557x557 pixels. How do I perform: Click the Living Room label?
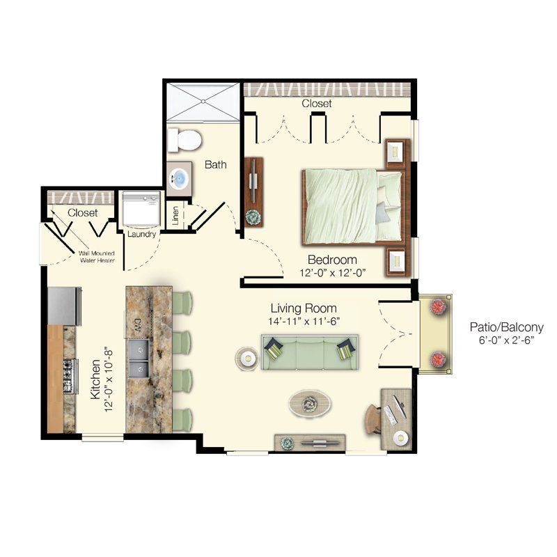point(304,308)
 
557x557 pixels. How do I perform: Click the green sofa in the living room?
point(310,351)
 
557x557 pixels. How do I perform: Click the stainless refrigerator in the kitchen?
point(64,306)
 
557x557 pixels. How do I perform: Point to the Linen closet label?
point(175,215)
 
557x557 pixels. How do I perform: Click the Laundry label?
point(141,234)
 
